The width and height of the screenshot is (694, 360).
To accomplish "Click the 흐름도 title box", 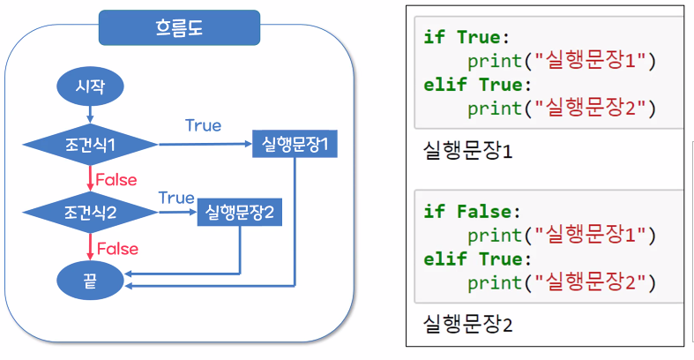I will (x=179, y=28).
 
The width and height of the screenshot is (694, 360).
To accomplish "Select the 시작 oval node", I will (x=90, y=86).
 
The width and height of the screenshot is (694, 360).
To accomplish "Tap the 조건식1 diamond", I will (x=90, y=143).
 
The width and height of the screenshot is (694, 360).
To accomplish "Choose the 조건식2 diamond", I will (x=90, y=212).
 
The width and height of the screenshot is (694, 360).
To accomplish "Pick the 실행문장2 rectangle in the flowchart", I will (x=240, y=212).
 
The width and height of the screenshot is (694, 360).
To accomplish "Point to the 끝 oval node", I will (x=90, y=280).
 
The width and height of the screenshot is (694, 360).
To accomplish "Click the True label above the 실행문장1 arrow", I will (x=203, y=126).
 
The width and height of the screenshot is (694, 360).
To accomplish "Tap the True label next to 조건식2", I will (x=176, y=197).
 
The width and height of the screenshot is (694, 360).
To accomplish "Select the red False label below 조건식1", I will (x=116, y=180).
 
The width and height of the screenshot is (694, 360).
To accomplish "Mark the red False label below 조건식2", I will (x=116, y=249).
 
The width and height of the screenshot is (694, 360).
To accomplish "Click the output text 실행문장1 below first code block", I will (x=468, y=151).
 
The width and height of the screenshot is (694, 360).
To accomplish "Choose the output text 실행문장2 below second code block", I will (x=468, y=324).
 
